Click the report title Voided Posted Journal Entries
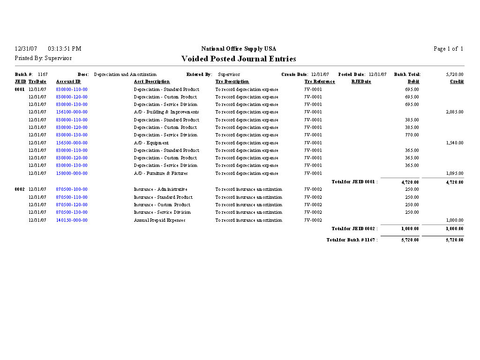click(239, 59)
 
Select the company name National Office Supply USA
click(239, 49)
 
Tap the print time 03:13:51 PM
click(64, 49)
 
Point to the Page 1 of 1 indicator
click(448, 49)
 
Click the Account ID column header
click(68, 82)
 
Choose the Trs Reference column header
click(320, 82)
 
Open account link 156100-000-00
click(72, 112)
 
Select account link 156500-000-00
click(72, 143)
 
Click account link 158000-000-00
click(72, 173)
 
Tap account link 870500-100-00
click(72, 189)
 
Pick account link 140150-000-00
click(72, 220)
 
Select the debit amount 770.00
click(412, 135)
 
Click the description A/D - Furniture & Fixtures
click(161, 173)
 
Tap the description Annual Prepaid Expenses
click(159, 220)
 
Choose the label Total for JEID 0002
click(354, 229)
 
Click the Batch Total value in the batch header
click(454, 75)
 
